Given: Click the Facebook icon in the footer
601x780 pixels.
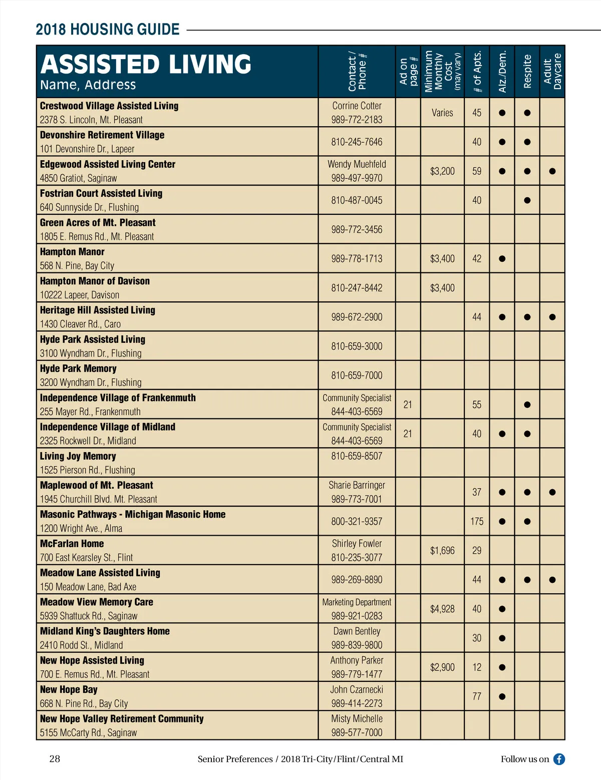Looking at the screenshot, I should [559, 759].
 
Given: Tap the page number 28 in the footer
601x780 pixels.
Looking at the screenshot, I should [55, 758].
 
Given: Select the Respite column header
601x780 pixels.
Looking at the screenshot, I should [527, 72].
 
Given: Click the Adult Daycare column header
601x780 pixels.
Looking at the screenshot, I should [552, 72].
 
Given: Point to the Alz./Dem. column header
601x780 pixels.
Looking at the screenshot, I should [502, 72].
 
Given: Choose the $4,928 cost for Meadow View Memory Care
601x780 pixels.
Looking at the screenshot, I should [442, 609].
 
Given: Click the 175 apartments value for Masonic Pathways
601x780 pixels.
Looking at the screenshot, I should [477, 521].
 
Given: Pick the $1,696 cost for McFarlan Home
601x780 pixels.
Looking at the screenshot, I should [442, 550].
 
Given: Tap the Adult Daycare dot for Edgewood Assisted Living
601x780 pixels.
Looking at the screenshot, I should [552, 171].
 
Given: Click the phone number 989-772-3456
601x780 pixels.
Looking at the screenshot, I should [357, 229].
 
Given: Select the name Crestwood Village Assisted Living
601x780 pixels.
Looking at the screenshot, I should [109, 106].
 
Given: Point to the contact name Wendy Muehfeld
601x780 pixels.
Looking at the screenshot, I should [357, 164].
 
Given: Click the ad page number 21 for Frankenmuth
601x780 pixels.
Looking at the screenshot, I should [408, 405].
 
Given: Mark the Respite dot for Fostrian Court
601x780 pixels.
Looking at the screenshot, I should [527, 200].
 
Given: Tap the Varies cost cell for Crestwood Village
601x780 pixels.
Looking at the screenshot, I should [442, 113].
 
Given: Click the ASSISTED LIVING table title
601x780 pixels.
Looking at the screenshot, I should [146, 65].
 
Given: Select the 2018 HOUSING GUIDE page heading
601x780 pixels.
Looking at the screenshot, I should [108, 30].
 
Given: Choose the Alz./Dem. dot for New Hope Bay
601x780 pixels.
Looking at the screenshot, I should [502, 696].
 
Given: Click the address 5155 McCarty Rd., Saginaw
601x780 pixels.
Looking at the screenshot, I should [88, 732].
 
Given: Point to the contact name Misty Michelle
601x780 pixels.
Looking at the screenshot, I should [357, 718].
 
